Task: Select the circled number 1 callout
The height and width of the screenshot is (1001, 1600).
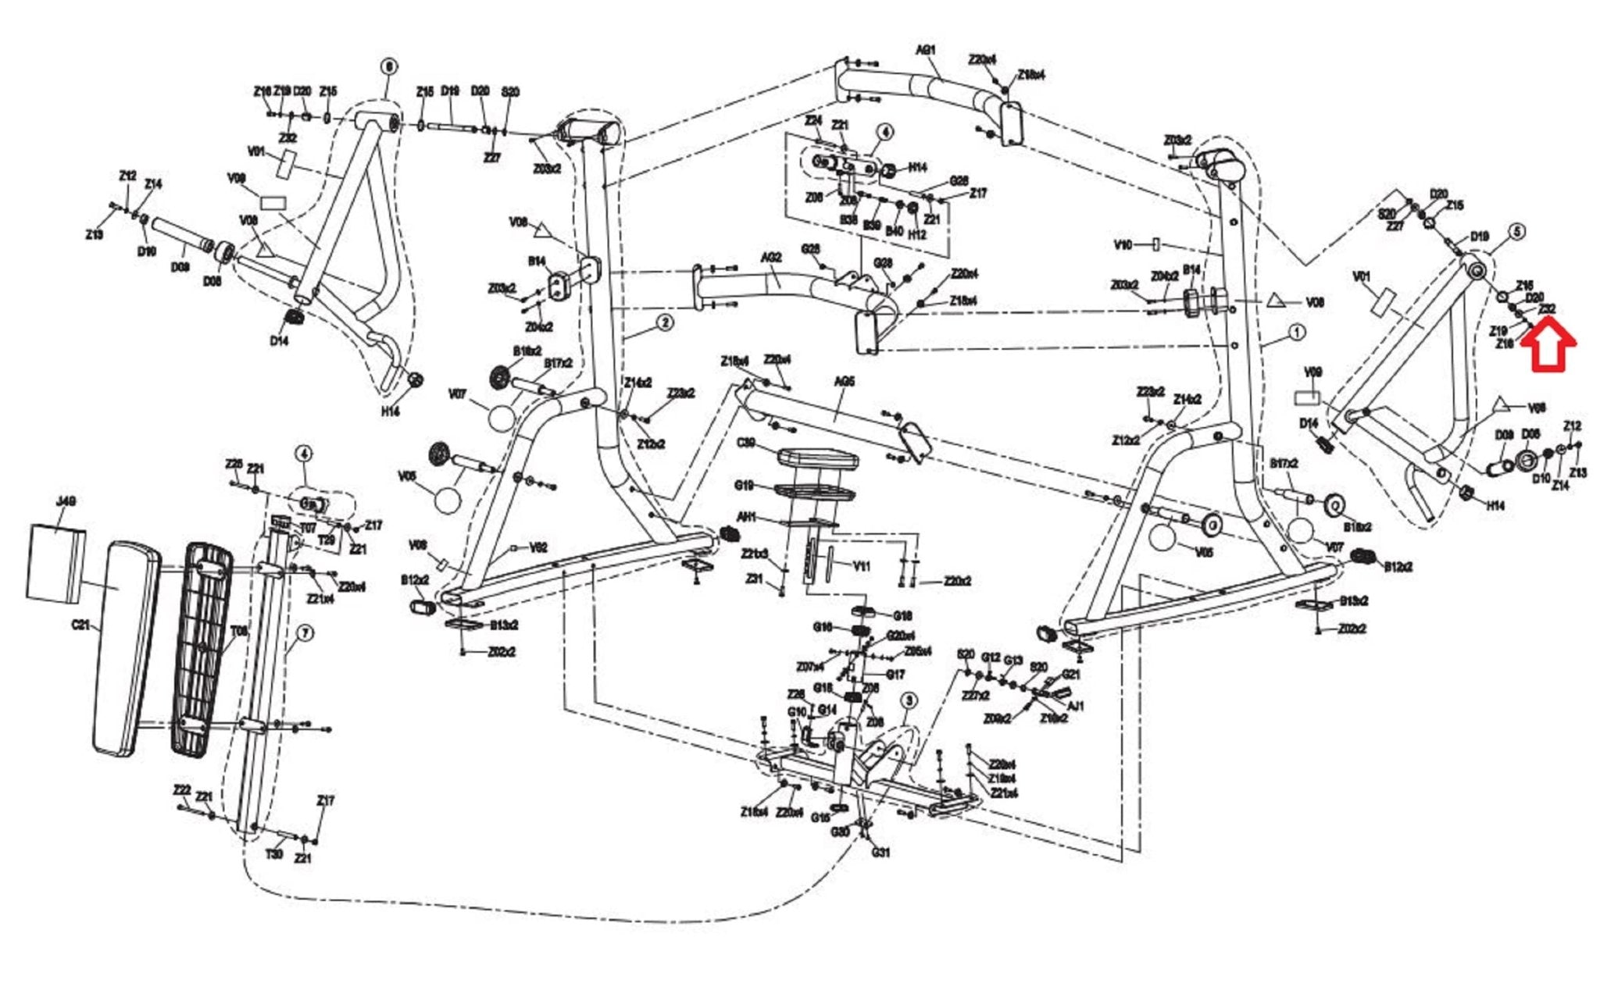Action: click(x=1295, y=333)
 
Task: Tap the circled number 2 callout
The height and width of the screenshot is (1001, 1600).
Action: click(x=664, y=322)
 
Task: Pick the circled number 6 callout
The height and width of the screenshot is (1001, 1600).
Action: click(x=388, y=67)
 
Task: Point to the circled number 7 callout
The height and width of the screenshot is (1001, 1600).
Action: click(x=305, y=633)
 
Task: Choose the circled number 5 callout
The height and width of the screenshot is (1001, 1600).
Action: click(x=1516, y=232)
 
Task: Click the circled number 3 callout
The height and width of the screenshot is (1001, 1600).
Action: click(x=908, y=700)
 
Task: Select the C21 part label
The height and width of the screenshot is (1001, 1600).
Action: click(x=81, y=625)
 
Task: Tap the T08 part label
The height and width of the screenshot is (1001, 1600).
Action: click(x=238, y=631)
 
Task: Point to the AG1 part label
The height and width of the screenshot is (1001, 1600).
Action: click(x=925, y=50)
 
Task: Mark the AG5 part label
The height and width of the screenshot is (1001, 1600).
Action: click(x=845, y=382)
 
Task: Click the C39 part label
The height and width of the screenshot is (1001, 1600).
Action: click(x=746, y=444)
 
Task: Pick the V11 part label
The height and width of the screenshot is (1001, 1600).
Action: click(x=861, y=566)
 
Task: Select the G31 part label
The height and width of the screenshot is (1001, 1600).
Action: click(x=880, y=852)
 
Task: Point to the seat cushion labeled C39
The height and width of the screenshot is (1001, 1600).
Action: click(x=817, y=458)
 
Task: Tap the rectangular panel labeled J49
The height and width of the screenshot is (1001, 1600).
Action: click(x=56, y=562)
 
